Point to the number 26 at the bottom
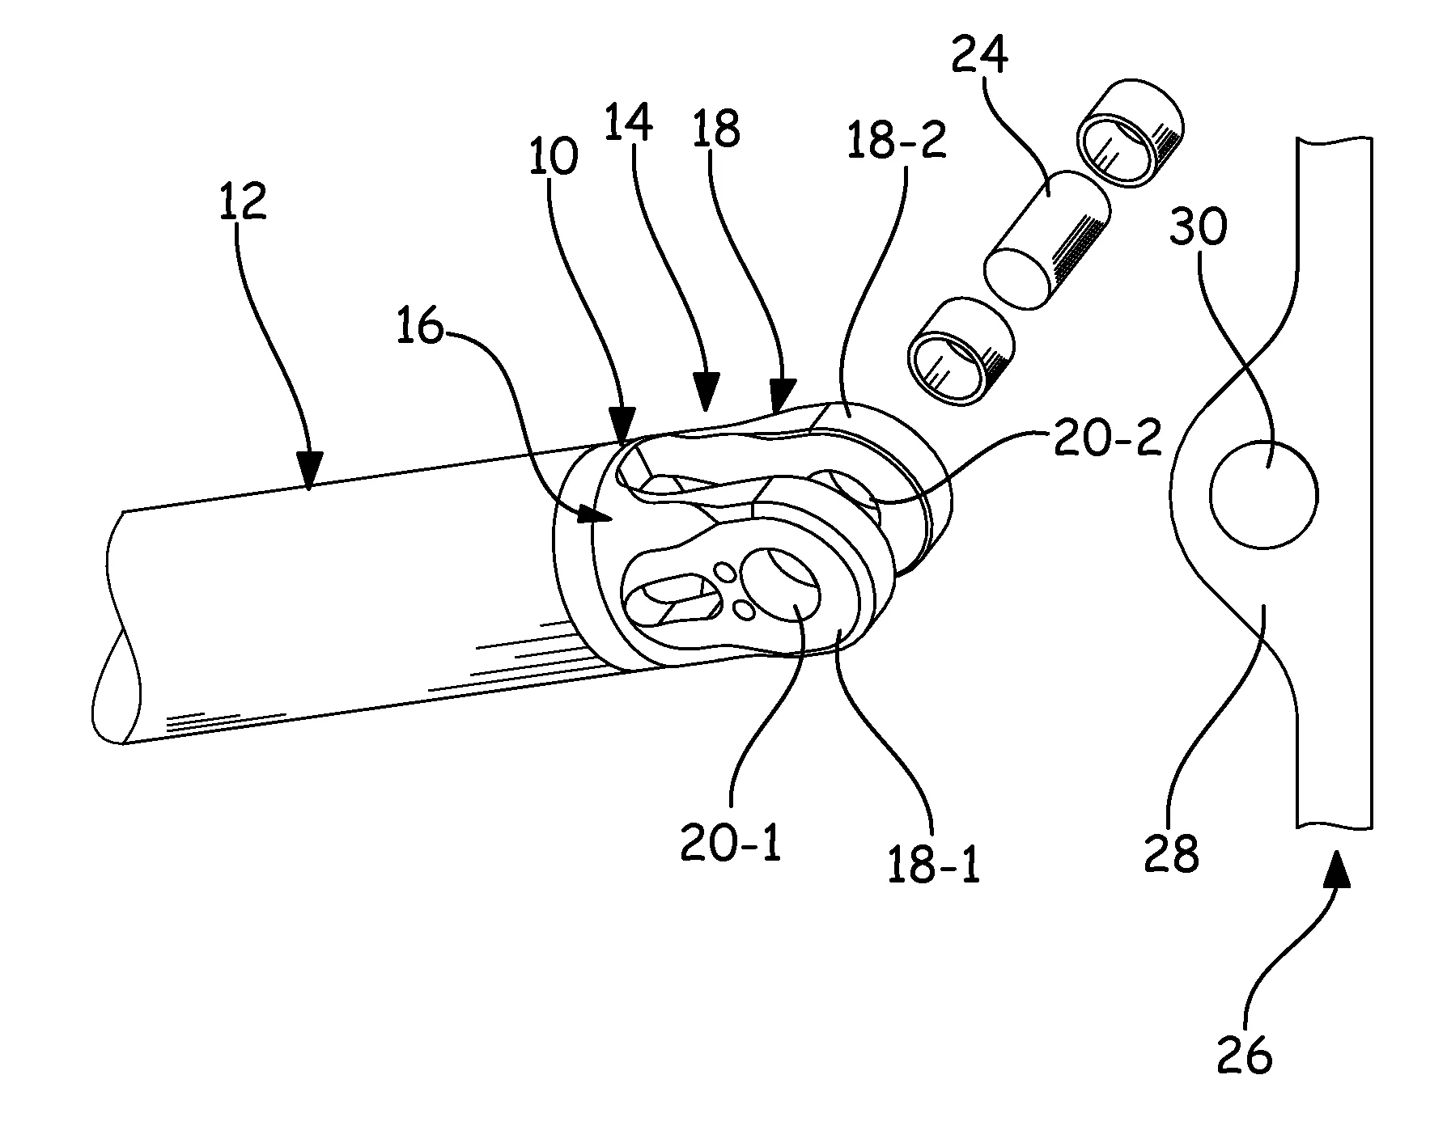[1244, 1054]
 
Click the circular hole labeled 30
[1262, 494]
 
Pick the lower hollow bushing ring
[961, 351]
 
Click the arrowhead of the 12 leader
[309, 479]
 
